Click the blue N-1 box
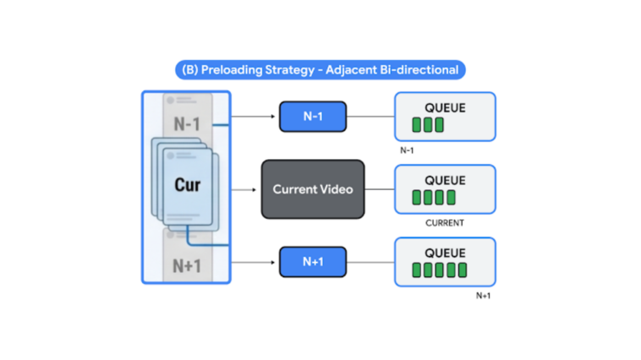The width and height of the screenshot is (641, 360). (312, 117)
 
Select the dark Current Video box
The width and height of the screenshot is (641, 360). (312, 189)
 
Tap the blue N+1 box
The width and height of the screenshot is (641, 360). (312, 262)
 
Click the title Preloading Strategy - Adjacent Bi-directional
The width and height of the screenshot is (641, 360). (320, 69)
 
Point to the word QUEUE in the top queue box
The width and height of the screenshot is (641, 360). (445, 107)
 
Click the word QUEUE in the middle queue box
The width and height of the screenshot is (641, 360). (445, 180)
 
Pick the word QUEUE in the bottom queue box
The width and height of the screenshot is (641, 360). (445, 253)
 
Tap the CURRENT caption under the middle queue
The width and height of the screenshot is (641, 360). (445, 224)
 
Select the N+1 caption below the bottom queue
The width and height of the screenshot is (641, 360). (482, 297)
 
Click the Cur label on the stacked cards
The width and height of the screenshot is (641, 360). (187, 183)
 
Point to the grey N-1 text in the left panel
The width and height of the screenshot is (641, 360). (187, 124)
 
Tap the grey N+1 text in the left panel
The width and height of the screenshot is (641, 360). (187, 265)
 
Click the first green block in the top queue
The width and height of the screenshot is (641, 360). (416, 125)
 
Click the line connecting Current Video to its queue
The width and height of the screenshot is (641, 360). (379, 189)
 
